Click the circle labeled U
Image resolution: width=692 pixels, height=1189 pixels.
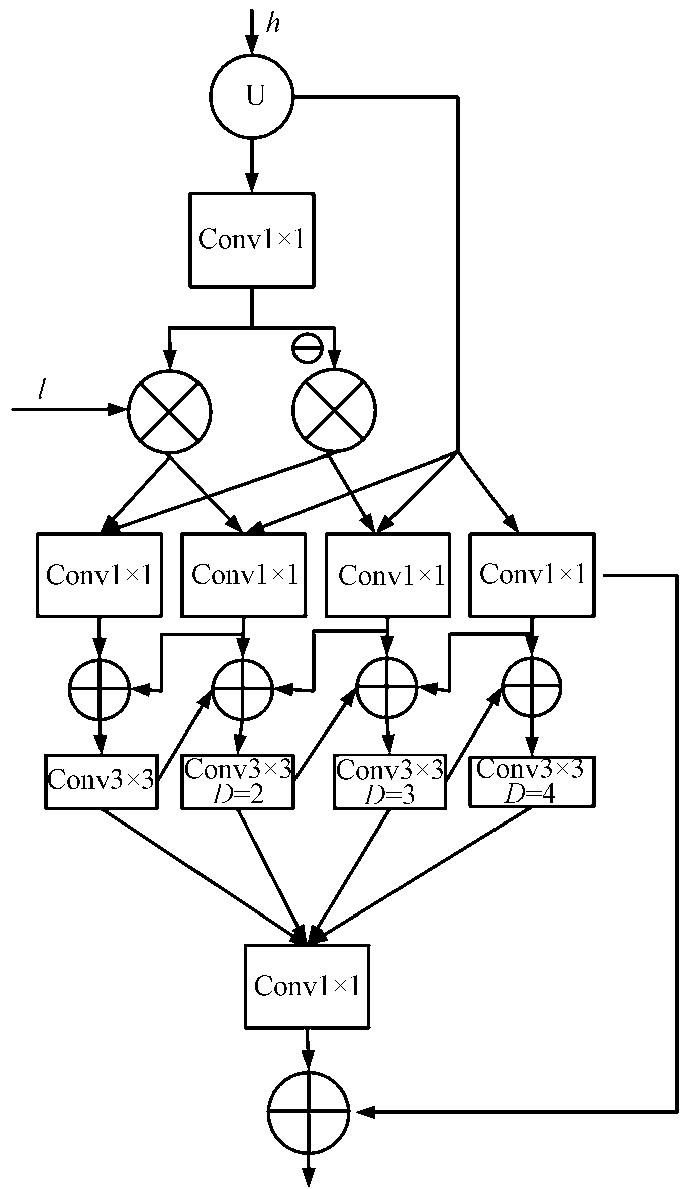tap(251, 96)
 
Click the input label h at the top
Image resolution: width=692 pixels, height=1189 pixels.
tap(273, 23)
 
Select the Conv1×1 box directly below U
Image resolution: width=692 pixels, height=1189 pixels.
tap(252, 240)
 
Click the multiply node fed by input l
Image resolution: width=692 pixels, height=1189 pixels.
tap(170, 412)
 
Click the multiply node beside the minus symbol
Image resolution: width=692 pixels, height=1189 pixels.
tap(334, 410)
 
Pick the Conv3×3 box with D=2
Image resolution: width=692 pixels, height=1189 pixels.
tap(238, 782)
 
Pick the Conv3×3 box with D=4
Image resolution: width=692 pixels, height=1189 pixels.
tap(531, 781)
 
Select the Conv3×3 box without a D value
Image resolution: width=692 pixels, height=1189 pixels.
tap(101, 782)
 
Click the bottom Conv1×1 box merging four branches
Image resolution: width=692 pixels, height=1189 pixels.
tap(307, 986)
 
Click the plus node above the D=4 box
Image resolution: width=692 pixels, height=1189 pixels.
tap(532, 687)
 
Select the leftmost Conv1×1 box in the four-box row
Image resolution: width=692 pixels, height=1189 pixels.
tap(100, 575)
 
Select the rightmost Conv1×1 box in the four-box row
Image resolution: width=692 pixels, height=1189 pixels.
tap(532, 575)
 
